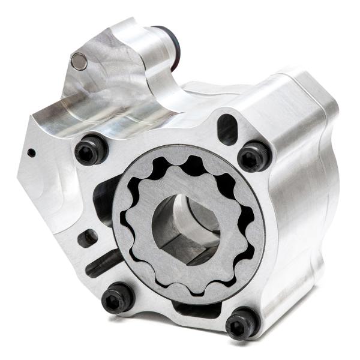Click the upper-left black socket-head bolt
click(91, 151)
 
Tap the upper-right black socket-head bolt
click(254, 157)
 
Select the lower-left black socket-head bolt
click(118, 299)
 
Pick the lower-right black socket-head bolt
click(243, 324)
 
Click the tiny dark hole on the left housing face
click(31, 152)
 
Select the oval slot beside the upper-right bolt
click(227, 127)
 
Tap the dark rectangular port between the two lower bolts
click(192, 310)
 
